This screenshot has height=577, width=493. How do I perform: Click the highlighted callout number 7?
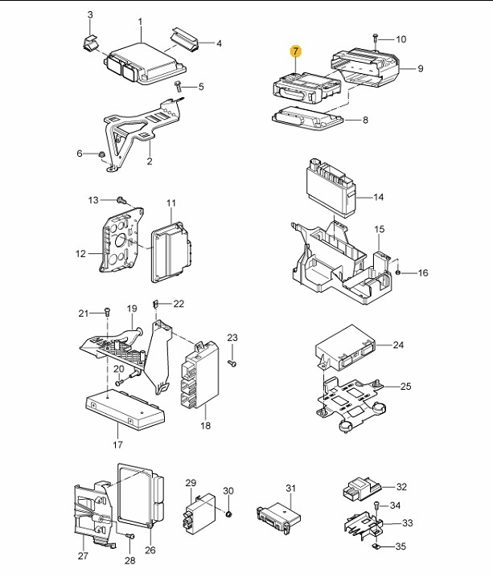296,51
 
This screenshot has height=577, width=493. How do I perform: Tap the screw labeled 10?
376,39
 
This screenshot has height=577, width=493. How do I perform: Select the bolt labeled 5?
179,87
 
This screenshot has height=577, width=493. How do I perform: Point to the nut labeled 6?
101,154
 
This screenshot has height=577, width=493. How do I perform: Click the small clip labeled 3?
89,43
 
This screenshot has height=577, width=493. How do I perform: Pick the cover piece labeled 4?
184,39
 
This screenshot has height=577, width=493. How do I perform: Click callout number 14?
378,197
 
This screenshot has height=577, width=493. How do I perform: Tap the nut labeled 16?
398,272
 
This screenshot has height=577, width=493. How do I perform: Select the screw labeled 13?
121,200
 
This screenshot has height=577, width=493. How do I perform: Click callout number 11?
171,203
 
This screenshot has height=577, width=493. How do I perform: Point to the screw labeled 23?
232,363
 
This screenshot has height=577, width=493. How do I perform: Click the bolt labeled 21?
107,313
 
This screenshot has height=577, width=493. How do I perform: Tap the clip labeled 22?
155,304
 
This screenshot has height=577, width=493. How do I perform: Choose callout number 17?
117,445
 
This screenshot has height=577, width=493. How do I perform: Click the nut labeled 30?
228,514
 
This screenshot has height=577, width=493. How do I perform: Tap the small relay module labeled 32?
361,489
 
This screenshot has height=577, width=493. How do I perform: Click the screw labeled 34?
376,506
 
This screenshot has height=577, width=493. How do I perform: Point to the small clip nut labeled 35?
376,546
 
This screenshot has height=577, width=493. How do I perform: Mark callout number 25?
406,387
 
